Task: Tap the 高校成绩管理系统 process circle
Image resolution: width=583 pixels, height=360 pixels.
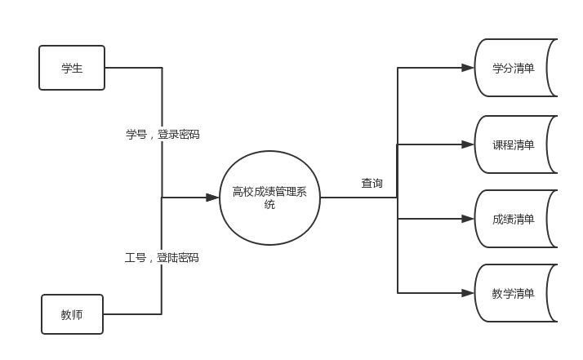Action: [x=269, y=198]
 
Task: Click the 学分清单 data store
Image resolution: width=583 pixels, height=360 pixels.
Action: [x=514, y=68]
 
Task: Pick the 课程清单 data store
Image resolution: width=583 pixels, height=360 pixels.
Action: [x=514, y=144]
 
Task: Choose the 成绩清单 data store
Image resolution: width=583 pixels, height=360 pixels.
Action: [x=514, y=219]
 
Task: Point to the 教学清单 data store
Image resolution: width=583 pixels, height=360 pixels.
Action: [x=514, y=293]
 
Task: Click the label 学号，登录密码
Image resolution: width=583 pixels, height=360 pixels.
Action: [x=162, y=134]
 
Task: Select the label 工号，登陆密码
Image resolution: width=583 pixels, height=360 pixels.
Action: [x=162, y=257]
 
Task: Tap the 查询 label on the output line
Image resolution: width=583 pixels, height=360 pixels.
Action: [x=372, y=183]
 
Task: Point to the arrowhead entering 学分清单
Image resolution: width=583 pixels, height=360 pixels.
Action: [x=469, y=68]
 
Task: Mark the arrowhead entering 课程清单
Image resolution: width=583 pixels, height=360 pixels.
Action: [x=469, y=144]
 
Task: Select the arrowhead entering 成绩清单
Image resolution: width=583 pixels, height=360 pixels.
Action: [x=469, y=219]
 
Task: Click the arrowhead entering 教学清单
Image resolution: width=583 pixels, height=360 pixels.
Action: [x=469, y=293]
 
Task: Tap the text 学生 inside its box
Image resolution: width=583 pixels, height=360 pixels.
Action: [x=72, y=69]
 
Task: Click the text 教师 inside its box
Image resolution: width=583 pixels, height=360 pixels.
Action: [x=71, y=314]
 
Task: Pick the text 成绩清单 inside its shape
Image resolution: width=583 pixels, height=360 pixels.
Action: [x=514, y=219]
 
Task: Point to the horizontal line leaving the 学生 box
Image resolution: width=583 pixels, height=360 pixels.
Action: [x=133, y=68]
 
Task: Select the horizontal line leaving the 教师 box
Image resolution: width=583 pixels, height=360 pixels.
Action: [x=132, y=313]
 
